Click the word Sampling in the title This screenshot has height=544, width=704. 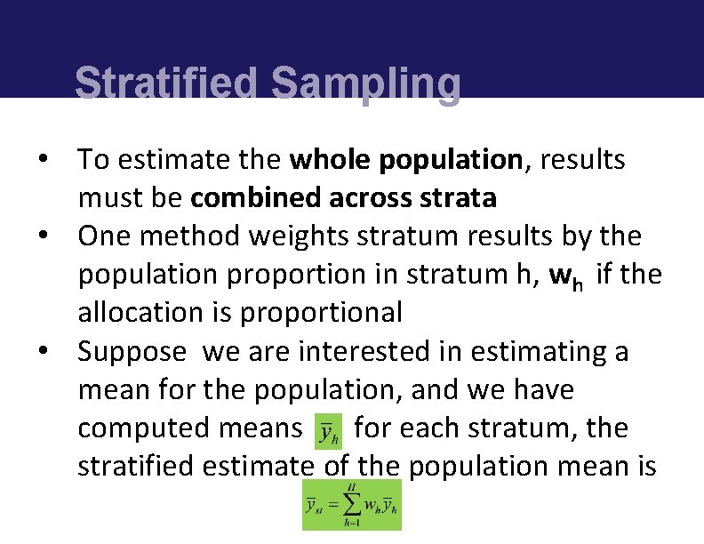[x=365, y=85]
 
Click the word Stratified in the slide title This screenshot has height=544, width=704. [x=168, y=84]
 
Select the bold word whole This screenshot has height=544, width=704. [x=331, y=160]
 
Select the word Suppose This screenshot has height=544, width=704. [x=132, y=352]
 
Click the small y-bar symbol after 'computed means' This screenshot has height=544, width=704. [x=329, y=430]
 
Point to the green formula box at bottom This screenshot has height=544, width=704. [x=352, y=505]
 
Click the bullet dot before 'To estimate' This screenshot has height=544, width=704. [x=42, y=161]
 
